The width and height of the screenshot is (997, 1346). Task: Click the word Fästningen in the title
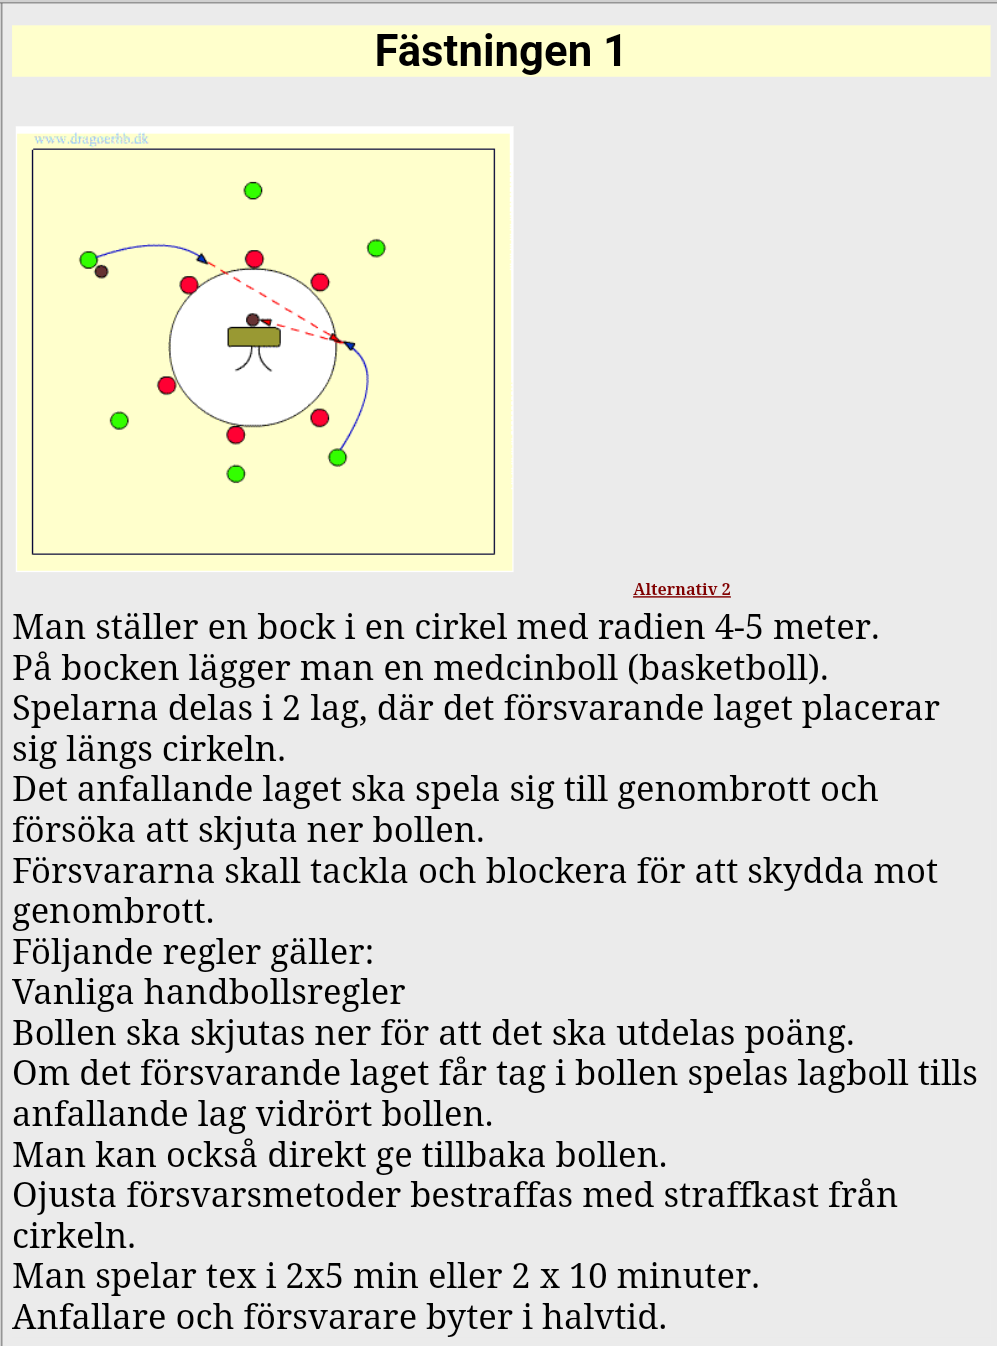483,51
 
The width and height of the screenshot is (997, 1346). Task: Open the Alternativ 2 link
681,589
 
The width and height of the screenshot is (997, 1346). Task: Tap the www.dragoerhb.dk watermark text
91,139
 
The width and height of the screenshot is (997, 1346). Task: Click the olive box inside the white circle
254,337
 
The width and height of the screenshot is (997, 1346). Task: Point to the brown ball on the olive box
253,320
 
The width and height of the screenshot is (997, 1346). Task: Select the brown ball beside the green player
101,271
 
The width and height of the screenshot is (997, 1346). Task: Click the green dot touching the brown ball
88,260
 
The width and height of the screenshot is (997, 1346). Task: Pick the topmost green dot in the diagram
253,190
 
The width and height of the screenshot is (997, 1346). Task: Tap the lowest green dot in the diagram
236,474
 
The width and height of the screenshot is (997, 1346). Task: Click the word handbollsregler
274,992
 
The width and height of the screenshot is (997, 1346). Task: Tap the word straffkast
739,1195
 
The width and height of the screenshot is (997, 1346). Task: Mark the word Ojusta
63,1195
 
